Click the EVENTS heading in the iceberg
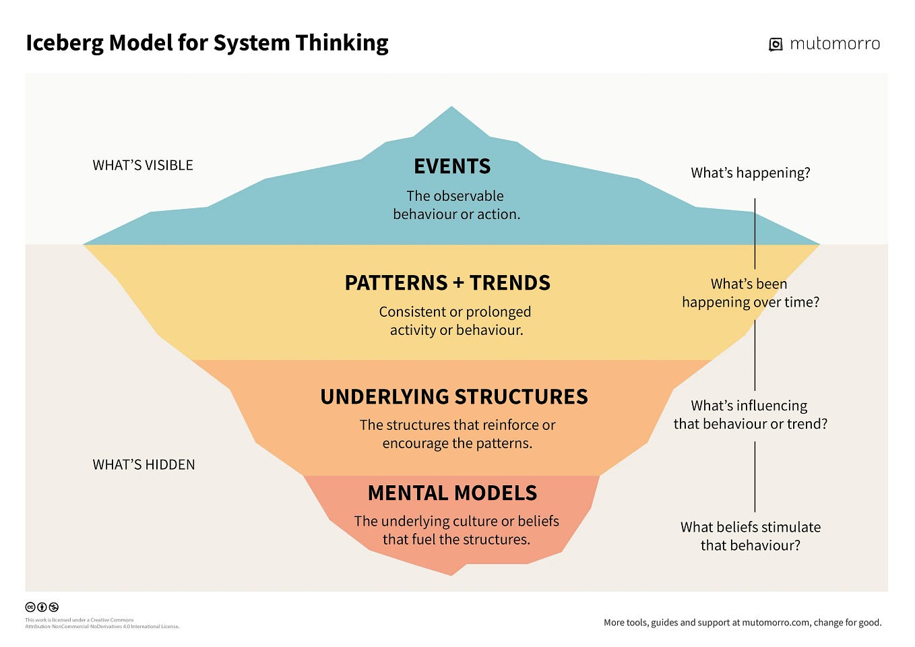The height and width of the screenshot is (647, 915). pos(452,166)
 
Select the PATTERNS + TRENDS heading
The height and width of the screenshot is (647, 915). pos(447,282)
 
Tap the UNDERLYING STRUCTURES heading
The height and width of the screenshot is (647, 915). pos(453,396)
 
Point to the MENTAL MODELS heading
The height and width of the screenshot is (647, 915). pos(452,493)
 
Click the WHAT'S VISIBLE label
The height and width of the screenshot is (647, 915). pos(143,165)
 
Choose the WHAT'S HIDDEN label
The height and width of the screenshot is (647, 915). pos(144,464)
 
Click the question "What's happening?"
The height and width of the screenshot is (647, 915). pos(750,173)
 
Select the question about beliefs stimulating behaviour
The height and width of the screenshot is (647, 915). pos(750,536)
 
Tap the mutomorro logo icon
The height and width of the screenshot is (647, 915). pos(776,44)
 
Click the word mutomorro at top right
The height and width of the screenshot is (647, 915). pos(834,44)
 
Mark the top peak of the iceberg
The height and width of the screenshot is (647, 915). pos(451,109)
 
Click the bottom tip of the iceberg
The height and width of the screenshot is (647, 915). pos(451,574)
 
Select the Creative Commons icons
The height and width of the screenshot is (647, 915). pos(42,607)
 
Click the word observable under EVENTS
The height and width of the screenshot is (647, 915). pos(469,196)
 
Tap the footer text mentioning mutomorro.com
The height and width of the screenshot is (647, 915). pos(742,623)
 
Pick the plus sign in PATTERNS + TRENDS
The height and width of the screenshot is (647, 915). pos(458,283)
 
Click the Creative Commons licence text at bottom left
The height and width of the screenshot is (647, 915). pos(102,623)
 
